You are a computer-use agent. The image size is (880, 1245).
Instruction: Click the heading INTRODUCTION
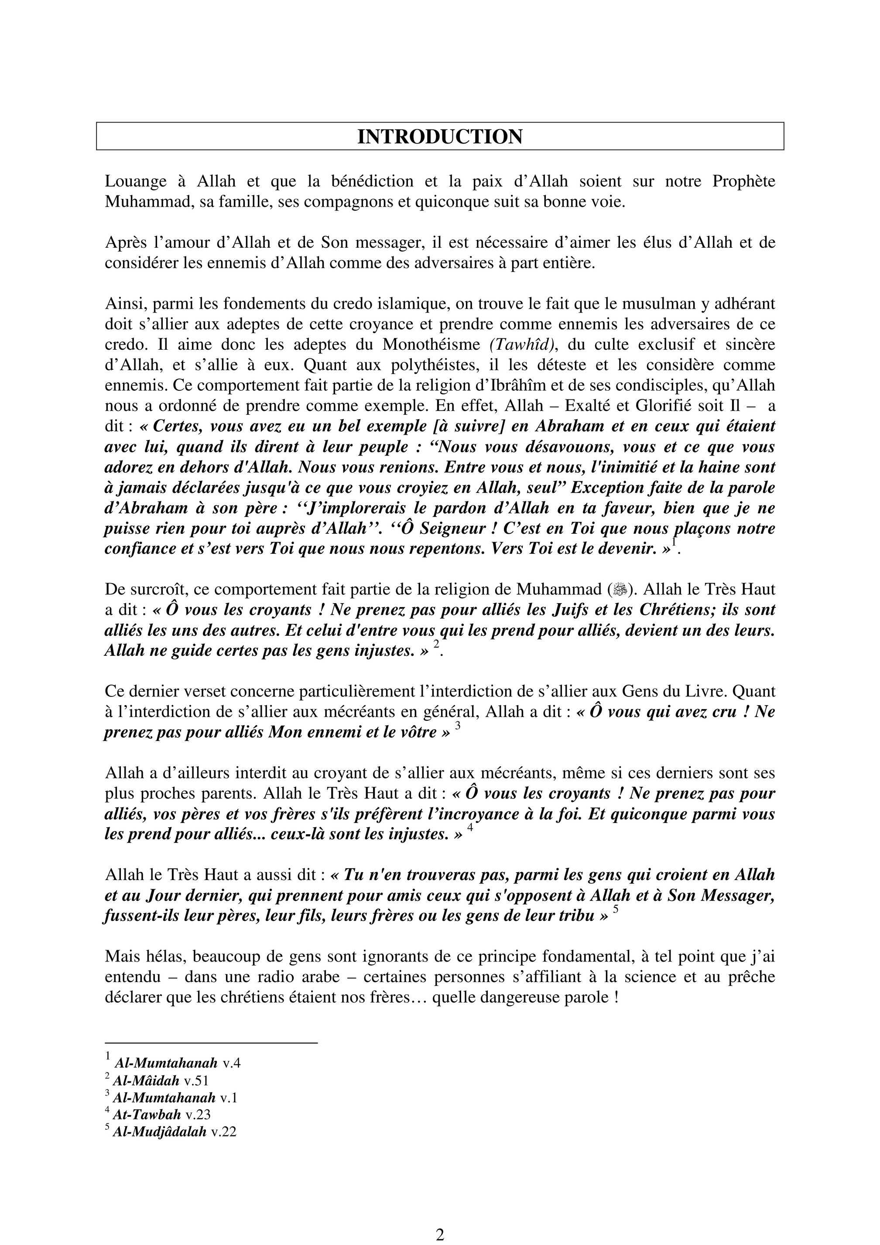[x=439, y=136]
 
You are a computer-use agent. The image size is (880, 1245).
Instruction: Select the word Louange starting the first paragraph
[x=136, y=181]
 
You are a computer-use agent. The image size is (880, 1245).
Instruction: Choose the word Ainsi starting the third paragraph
[x=122, y=304]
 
